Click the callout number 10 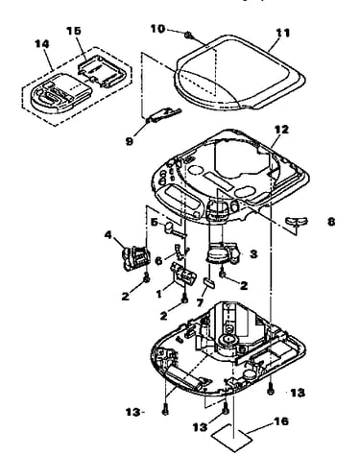157,29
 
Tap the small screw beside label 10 188,35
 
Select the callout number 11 282,33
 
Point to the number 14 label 42,44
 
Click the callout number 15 74,31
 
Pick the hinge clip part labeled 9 163,115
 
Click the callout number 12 281,130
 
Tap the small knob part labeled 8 296,222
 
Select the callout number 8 331,222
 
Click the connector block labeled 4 135,258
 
